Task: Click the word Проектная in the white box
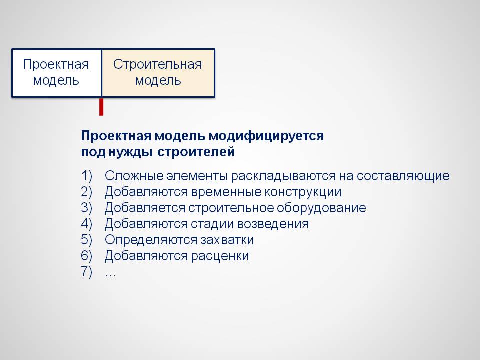56,64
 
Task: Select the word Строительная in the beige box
157,64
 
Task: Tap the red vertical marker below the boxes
101,107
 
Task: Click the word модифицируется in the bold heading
266,136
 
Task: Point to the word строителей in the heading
196,152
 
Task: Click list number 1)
86,176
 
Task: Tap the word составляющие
403,176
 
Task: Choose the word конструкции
303,192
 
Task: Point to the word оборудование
321,208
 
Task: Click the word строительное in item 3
231,208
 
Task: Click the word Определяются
151,240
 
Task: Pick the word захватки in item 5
227,240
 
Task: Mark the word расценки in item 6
220,256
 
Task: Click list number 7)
86,272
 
